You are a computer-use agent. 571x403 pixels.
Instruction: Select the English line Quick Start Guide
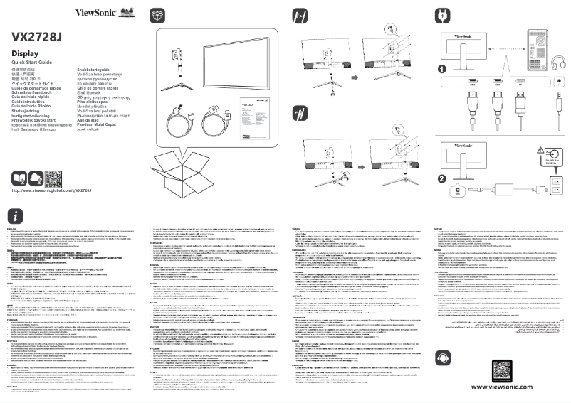pyautogui.click(x=33, y=63)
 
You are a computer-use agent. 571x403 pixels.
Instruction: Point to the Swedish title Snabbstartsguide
pyautogui.click(x=96, y=70)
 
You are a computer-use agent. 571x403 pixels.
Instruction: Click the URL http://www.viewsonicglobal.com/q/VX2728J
pyautogui.click(x=52, y=191)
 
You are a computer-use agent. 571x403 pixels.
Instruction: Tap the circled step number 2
pyautogui.click(x=442, y=179)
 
